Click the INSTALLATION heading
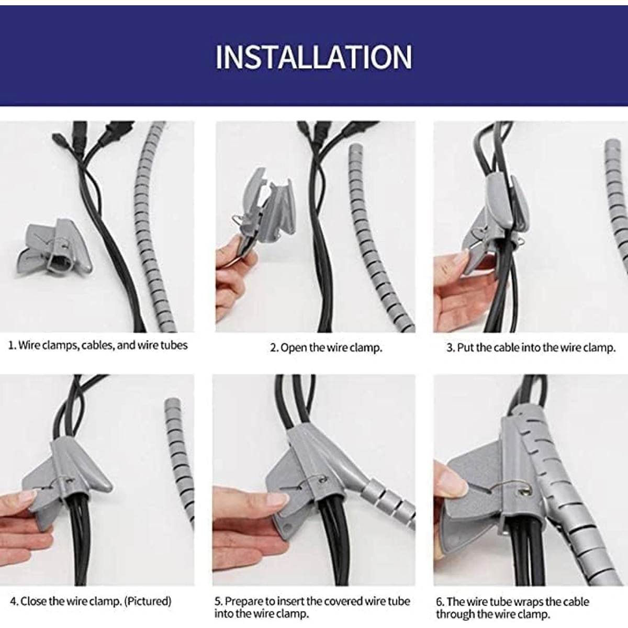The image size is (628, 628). (x=314, y=58)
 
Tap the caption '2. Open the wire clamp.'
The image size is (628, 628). (x=326, y=347)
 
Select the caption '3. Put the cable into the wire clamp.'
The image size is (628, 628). (x=531, y=347)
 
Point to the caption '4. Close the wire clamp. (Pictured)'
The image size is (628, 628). (x=91, y=601)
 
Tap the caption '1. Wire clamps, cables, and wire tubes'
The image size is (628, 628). (x=98, y=345)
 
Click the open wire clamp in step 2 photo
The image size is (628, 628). (x=264, y=209)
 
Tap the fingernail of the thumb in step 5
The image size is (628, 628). (x=278, y=499)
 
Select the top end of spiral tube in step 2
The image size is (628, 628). (x=355, y=148)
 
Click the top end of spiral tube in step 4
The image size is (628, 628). (x=172, y=403)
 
